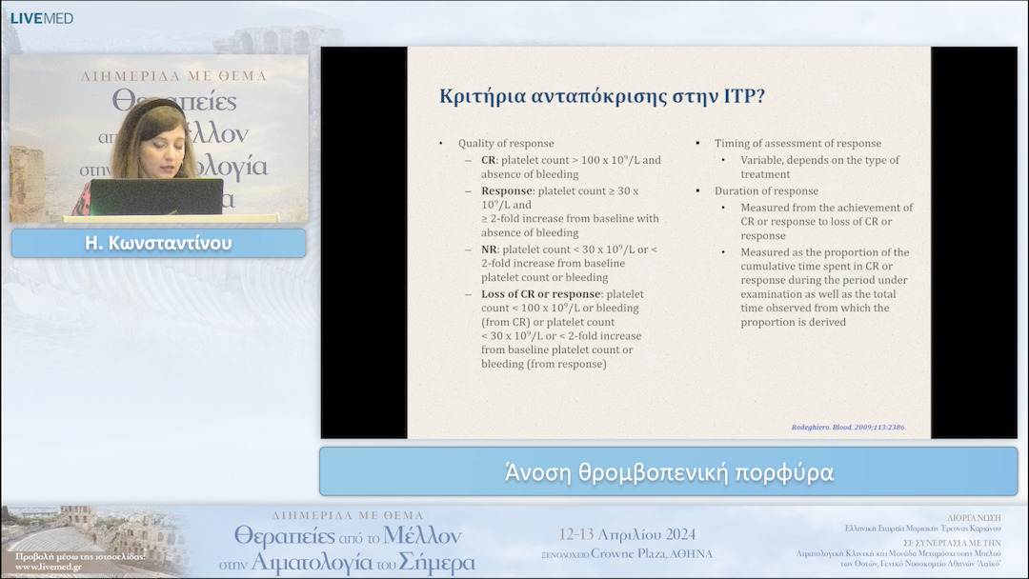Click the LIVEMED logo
(41, 18)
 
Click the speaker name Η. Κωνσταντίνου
(158, 244)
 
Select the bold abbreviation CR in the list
(489, 160)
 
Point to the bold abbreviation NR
(490, 250)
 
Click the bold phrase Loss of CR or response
(540, 294)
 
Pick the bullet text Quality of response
(506, 144)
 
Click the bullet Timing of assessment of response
(797, 144)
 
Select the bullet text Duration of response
(766, 191)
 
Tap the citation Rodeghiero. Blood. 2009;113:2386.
(848, 427)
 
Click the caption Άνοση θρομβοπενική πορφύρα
(669, 472)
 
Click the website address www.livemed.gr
(49, 567)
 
